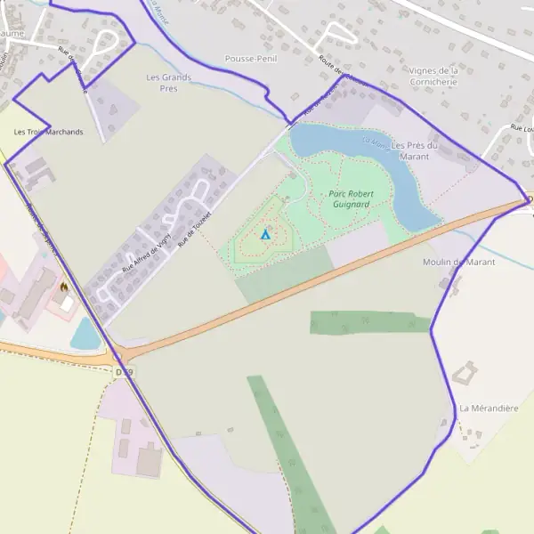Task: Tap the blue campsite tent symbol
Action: click(264, 234)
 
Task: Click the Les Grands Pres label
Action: click(168, 83)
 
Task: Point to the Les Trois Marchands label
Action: click(48, 132)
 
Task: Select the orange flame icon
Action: click(63, 287)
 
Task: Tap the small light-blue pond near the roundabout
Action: click(85, 334)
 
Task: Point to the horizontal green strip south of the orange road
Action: click(369, 322)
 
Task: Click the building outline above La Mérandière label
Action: click(465, 373)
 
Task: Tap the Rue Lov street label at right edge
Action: click(521, 129)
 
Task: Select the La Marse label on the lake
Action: click(374, 142)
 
